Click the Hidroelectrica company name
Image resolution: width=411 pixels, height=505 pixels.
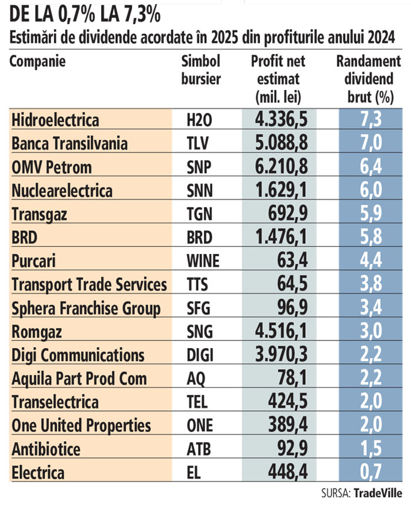click(55, 121)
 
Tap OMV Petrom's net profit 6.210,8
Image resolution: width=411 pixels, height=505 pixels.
click(282, 167)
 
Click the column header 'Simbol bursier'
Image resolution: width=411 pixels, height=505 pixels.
click(201, 70)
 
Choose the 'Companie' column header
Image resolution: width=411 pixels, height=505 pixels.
click(38, 61)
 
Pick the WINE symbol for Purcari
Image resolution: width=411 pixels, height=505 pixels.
click(202, 261)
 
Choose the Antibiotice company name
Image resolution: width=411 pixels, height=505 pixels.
click(46, 449)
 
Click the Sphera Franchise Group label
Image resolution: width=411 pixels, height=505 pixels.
click(86, 308)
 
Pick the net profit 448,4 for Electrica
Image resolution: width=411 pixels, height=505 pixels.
click(288, 472)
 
